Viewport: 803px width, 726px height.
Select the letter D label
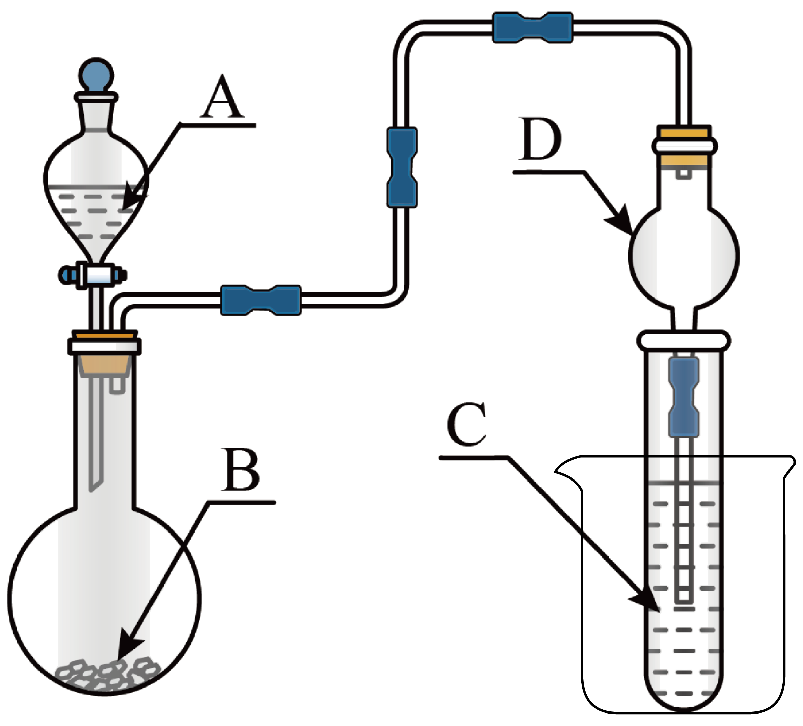[x=540, y=139]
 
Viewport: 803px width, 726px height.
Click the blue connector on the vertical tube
[x=402, y=167]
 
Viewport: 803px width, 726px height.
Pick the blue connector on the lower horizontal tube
[x=261, y=300]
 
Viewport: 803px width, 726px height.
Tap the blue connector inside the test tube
[x=684, y=397]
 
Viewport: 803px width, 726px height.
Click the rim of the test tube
[x=684, y=340]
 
